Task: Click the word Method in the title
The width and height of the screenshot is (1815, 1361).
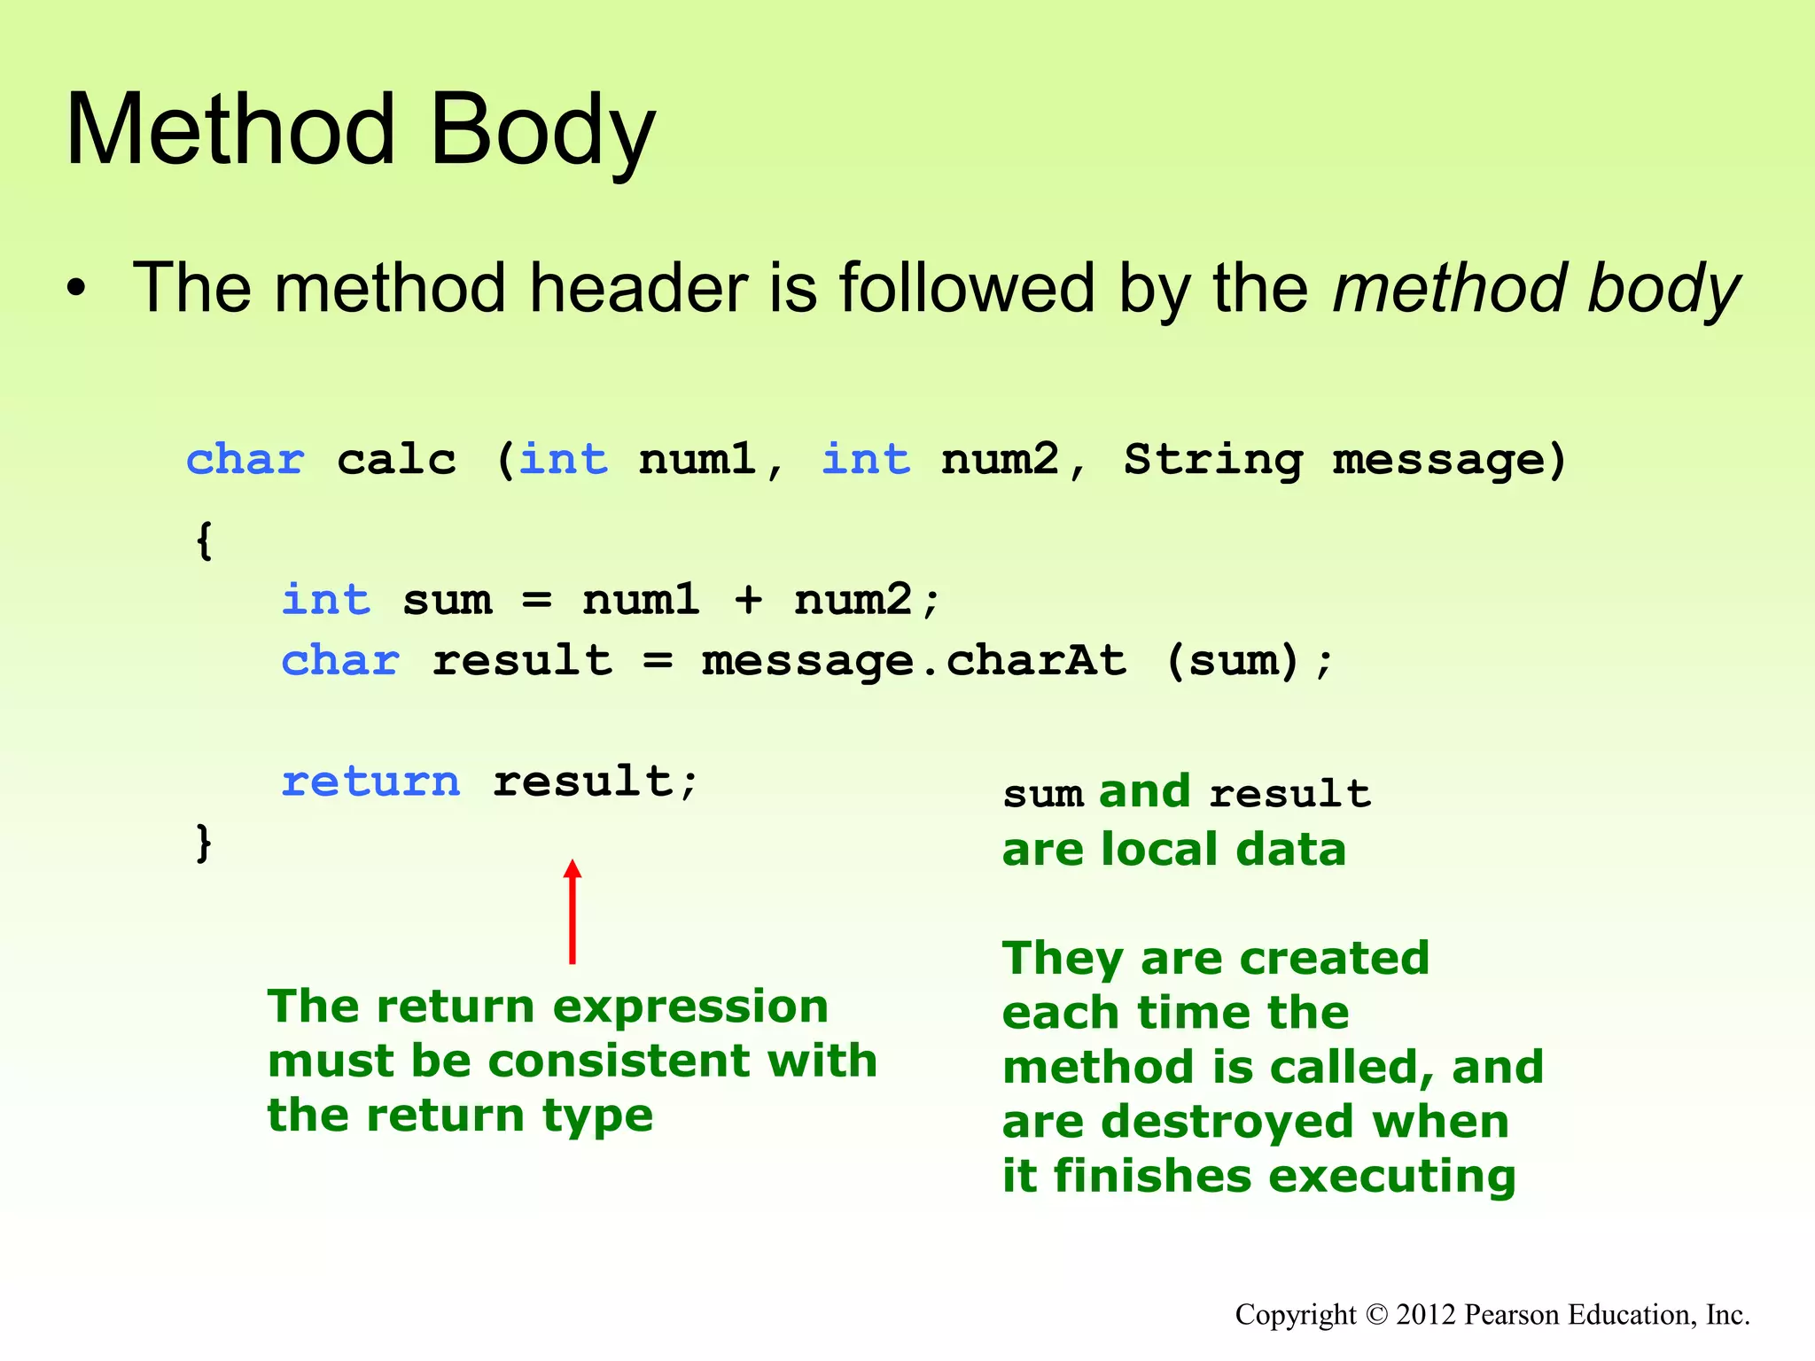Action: coord(230,131)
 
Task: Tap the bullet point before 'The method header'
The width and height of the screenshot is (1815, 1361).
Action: coord(78,290)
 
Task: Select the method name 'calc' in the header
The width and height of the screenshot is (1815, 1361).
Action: coord(396,460)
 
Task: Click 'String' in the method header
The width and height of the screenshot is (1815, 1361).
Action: coord(1213,460)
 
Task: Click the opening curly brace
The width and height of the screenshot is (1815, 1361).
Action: coord(204,541)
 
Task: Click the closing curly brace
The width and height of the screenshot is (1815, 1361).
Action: coord(204,842)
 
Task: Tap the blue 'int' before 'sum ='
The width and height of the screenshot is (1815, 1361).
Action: coord(325,600)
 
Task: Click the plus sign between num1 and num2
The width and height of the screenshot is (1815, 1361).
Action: coord(748,600)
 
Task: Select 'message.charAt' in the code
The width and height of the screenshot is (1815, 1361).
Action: coord(914,661)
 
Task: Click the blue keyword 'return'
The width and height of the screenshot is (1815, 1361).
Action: coord(370,782)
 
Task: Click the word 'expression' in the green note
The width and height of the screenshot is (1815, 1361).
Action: coord(690,1007)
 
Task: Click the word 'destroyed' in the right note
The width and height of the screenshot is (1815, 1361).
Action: coord(1227,1122)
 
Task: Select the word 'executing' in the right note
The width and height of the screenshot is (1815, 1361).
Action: coord(1392,1177)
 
